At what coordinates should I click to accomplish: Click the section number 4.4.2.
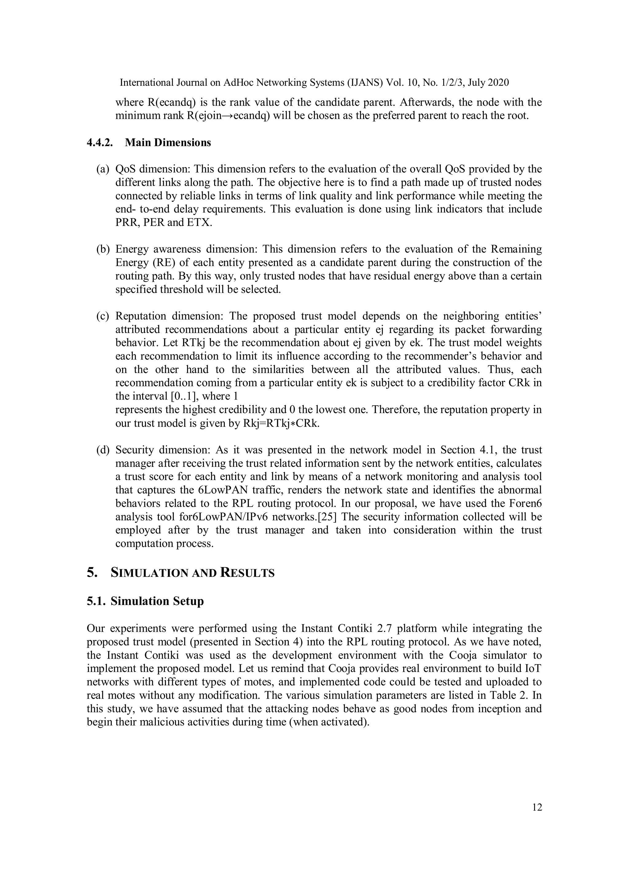(100, 143)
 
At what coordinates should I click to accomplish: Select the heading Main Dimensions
(168, 143)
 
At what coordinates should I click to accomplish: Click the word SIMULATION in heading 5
(150, 573)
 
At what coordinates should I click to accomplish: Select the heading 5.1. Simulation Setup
(145, 601)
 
